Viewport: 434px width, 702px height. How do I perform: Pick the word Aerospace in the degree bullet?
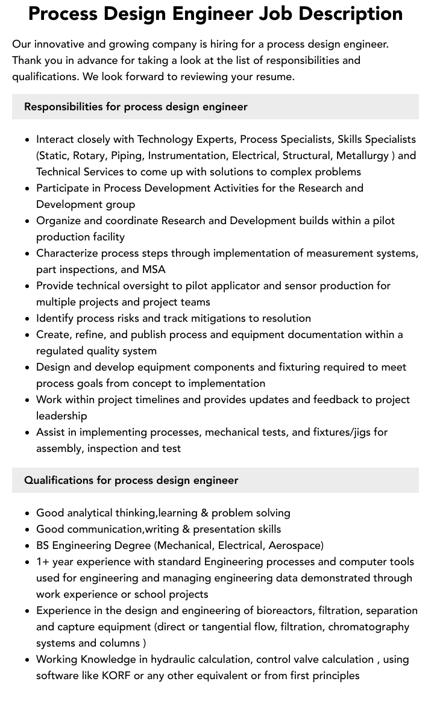click(294, 545)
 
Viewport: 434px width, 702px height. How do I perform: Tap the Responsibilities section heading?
click(136, 107)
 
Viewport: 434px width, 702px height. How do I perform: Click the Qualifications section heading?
click(131, 480)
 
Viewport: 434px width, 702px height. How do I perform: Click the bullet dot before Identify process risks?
click(27, 319)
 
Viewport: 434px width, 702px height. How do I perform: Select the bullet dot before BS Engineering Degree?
click(27, 546)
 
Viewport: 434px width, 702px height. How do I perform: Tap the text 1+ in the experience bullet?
click(43, 562)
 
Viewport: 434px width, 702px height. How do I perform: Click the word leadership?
click(61, 416)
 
